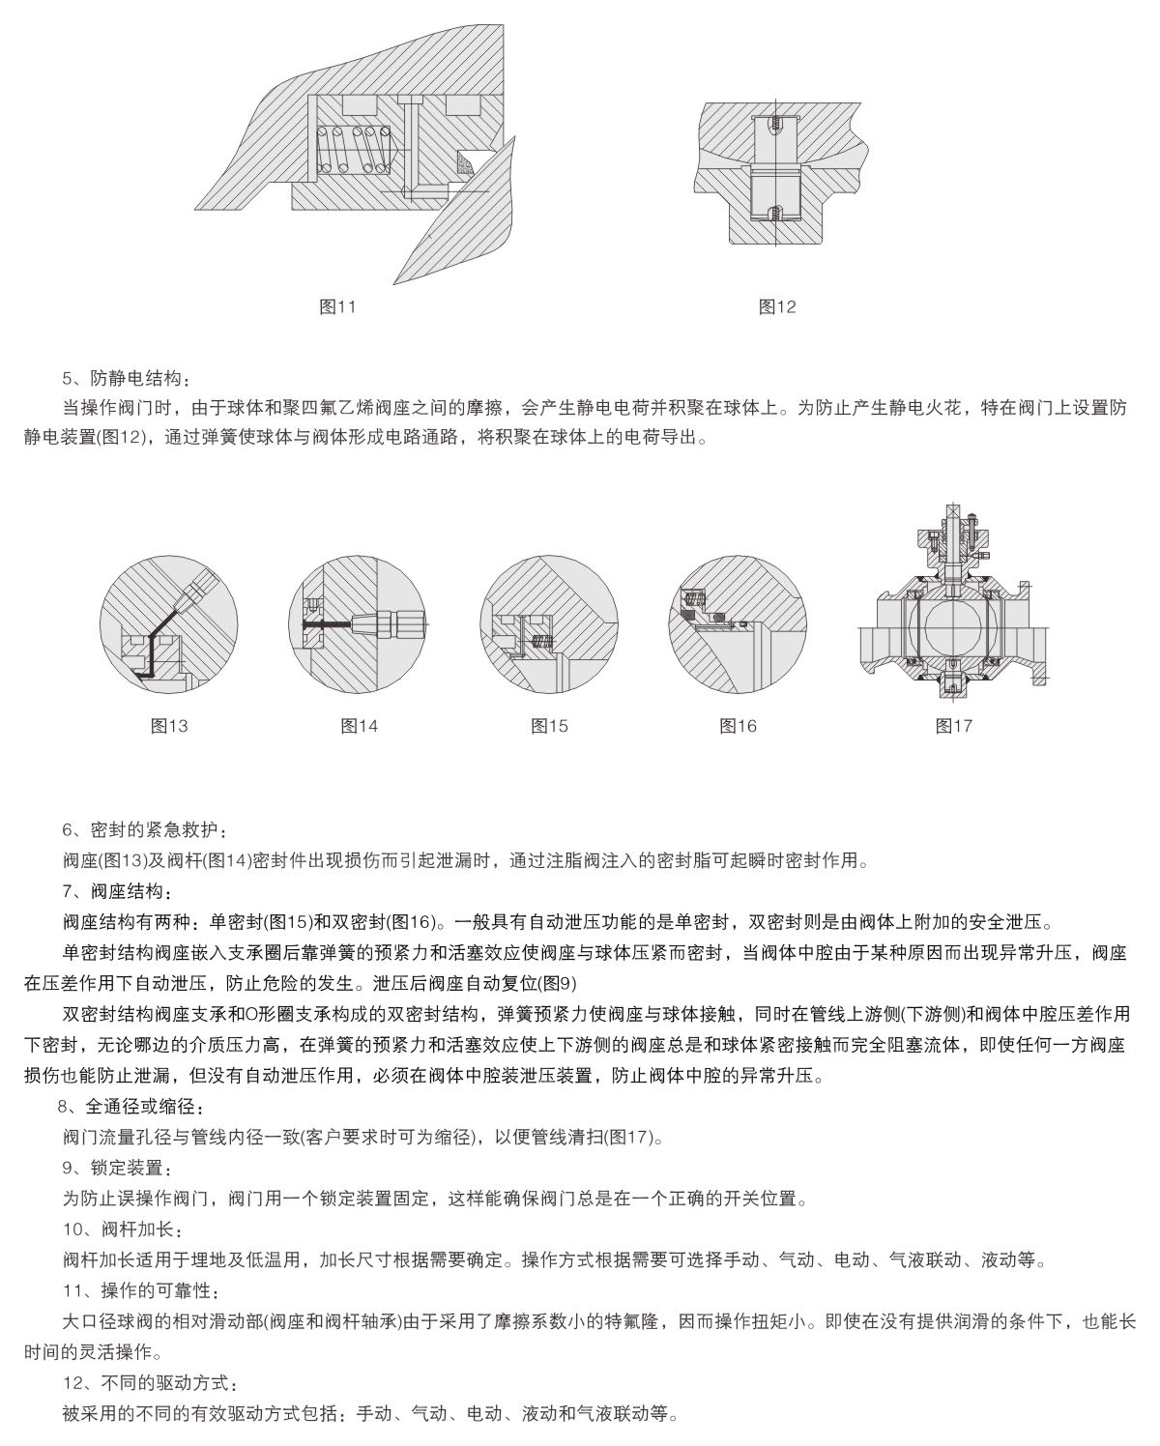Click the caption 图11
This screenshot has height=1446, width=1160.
point(337,306)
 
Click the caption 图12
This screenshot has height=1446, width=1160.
point(777,306)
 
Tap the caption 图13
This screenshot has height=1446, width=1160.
point(169,725)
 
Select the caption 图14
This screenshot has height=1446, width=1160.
point(360,725)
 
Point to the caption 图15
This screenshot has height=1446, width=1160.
point(550,725)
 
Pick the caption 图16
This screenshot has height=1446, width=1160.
point(739,725)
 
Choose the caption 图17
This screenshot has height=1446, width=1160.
point(953,725)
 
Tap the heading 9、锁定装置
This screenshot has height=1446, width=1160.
point(118,1169)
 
